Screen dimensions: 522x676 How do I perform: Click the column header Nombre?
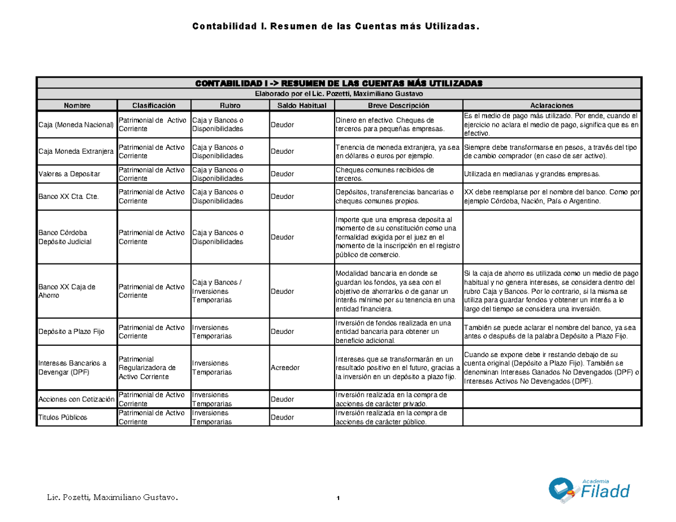77,105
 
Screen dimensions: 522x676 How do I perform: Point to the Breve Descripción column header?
398,105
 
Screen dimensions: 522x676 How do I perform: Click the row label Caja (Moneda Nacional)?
76,124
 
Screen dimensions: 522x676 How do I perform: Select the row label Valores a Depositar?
69,174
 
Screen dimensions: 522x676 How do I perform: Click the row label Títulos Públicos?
62,417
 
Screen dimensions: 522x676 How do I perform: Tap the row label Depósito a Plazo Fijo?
72,332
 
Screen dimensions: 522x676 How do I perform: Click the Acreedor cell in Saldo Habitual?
285,368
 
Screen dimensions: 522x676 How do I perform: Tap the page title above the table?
337,26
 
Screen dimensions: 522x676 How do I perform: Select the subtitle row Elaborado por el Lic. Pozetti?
338,93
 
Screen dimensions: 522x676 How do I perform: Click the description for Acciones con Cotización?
391,399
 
